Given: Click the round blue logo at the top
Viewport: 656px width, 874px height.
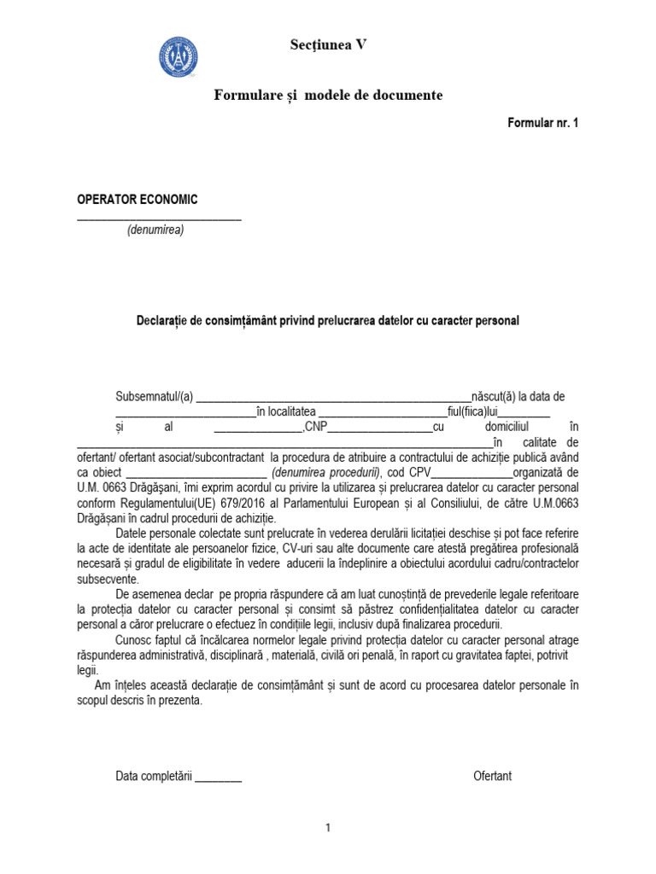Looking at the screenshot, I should tap(179, 56).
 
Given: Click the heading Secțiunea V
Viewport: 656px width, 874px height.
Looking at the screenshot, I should tap(328, 45).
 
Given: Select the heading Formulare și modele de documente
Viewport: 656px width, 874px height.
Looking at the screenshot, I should tap(328, 95).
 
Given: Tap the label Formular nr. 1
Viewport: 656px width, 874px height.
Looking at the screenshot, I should tap(543, 123).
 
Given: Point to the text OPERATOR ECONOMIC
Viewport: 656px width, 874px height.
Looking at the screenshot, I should tap(138, 200).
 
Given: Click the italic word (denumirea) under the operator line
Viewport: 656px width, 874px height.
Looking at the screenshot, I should tap(155, 230).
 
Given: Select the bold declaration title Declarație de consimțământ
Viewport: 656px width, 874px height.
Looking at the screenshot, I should tap(328, 321).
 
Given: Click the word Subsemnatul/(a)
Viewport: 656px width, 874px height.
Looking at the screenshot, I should tap(155, 397).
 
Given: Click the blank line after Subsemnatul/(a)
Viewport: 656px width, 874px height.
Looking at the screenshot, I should tap(333, 398).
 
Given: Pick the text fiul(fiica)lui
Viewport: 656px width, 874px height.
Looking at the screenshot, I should tap(467, 412).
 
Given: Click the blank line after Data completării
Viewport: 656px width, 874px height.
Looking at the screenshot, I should tap(219, 777).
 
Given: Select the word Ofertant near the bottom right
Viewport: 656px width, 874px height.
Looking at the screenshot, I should tap(492, 776).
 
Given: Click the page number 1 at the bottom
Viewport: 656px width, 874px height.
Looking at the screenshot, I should tap(327, 828).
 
